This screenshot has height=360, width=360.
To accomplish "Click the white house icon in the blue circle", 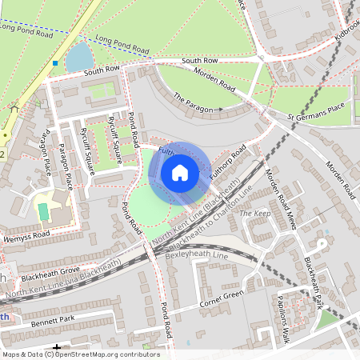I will click(180, 172).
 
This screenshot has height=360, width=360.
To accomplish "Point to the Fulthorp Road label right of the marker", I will click(226, 165).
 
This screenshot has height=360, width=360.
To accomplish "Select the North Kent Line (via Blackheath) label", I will click(64, 280).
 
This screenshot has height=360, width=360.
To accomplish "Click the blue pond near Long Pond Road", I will click(78, 58).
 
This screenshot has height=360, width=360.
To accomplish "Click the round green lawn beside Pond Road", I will click(150, 203).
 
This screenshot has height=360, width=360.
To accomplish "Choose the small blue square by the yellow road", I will click(54, 62).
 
